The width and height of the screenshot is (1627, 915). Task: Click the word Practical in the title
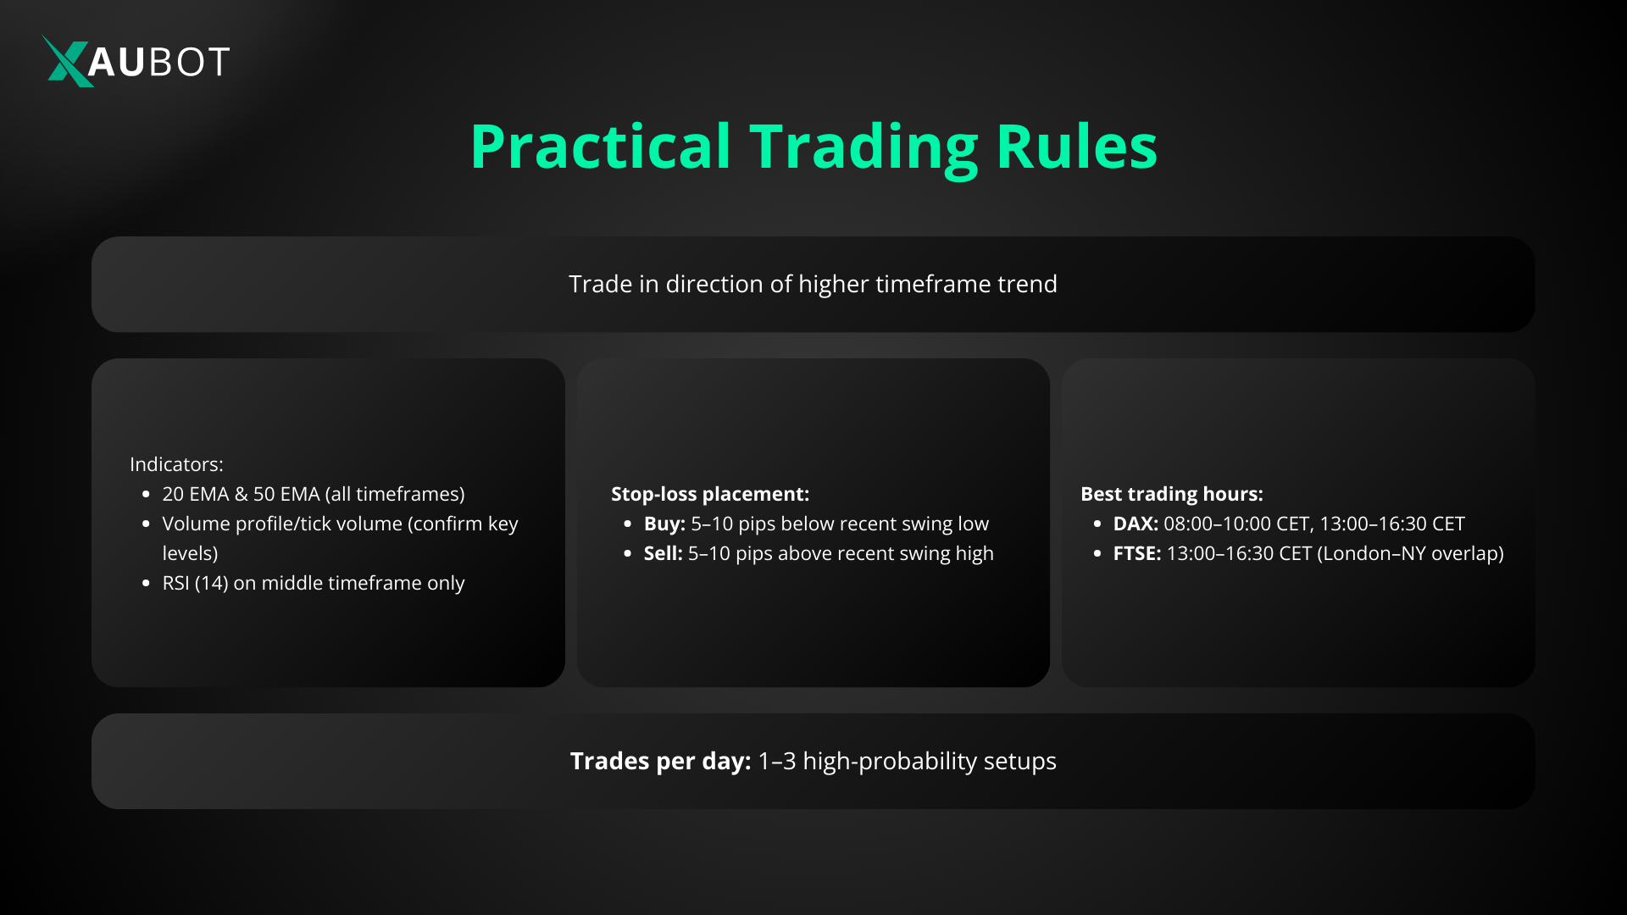600,147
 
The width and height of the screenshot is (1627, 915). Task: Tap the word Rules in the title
1076,147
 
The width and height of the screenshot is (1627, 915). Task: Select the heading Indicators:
176,464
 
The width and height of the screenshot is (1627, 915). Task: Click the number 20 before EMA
173,494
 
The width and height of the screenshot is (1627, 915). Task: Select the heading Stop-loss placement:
710,494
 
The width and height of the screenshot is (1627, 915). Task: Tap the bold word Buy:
664,524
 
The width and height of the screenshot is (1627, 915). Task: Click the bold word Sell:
663,553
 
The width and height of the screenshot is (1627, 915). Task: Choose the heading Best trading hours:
1171,494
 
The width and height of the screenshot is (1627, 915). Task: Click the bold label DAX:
1136,524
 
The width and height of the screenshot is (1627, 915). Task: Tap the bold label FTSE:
1137,553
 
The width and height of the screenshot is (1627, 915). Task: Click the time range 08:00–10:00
1217,524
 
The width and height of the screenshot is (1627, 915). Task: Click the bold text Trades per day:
660,761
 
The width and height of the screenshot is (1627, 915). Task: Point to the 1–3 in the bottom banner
777,761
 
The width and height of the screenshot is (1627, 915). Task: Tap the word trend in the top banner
1027,284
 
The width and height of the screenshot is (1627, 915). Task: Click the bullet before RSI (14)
146,584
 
